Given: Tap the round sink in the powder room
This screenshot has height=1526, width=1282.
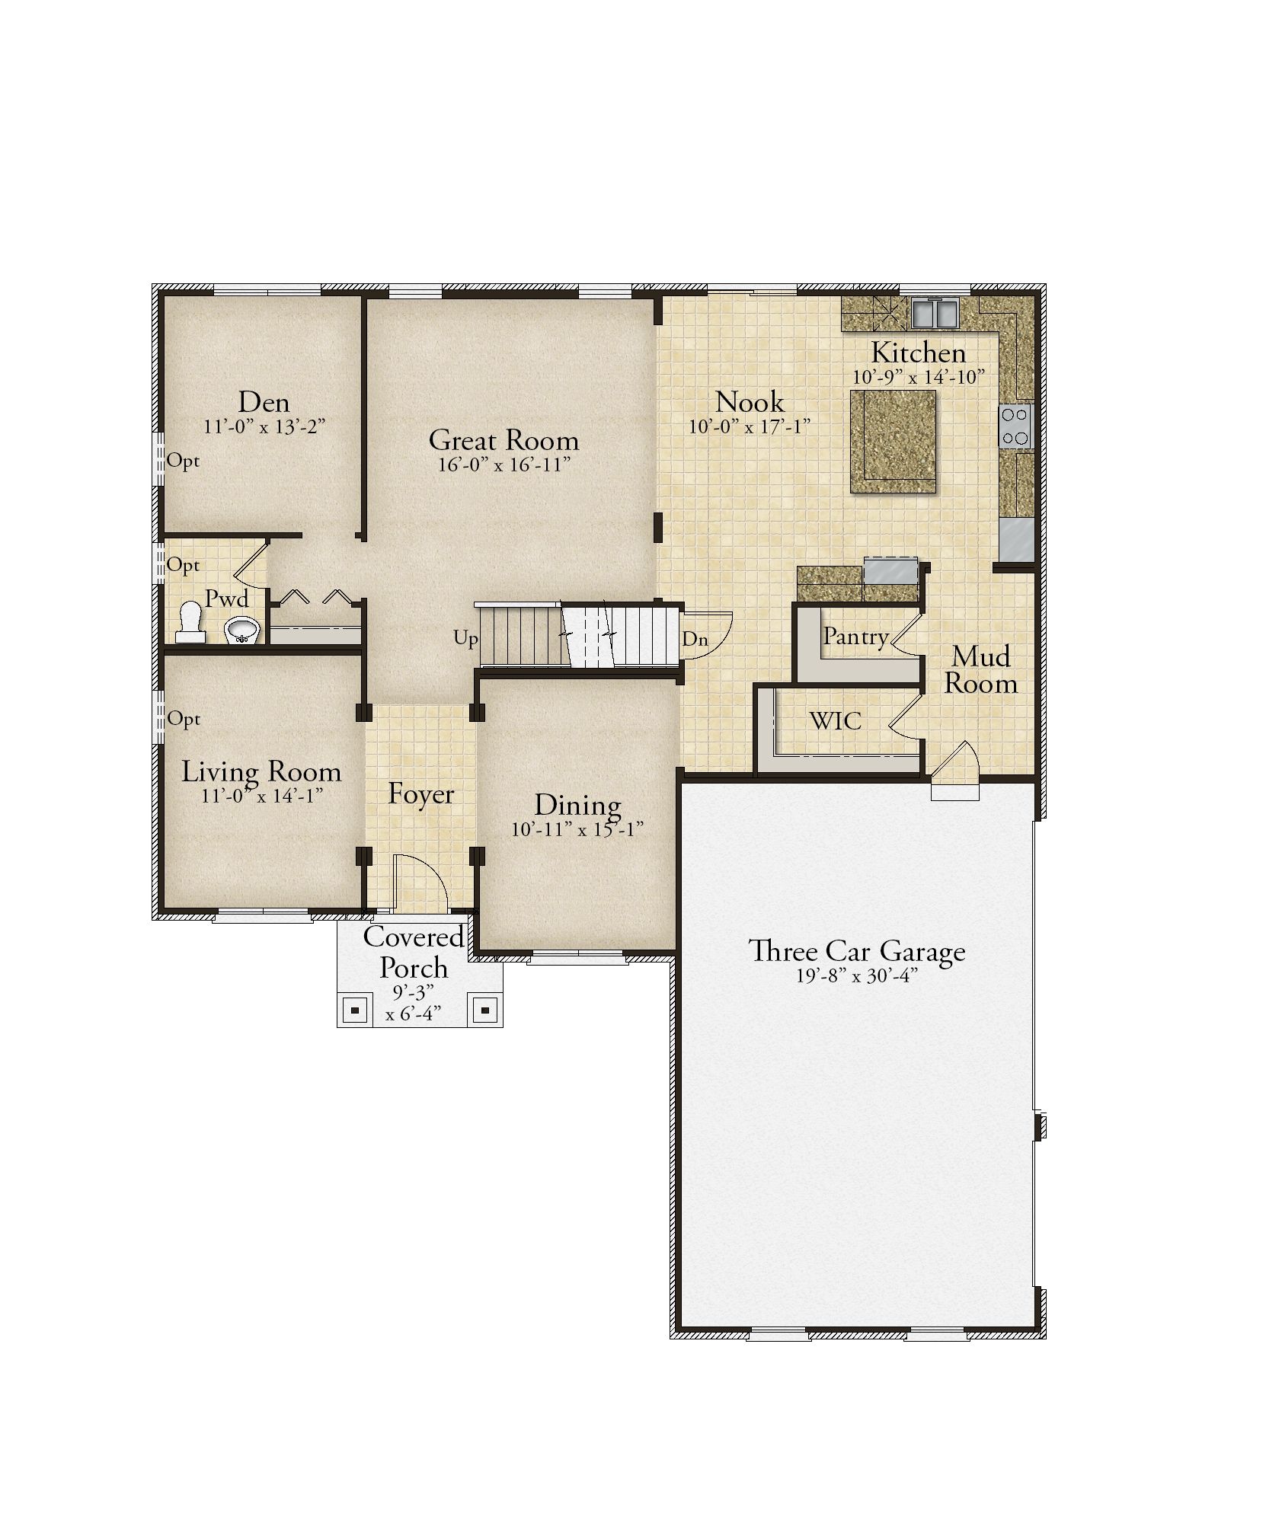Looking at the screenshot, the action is click(242, 630).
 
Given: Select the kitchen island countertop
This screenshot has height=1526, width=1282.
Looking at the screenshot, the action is click(893, 441).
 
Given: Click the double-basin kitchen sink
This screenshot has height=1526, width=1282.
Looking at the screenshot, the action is click(934, 312).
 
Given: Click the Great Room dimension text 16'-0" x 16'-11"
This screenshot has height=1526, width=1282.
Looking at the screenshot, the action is click(504, 465).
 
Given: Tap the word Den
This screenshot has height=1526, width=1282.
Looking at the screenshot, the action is click(264, 402).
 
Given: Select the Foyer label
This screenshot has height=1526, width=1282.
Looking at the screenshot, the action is click(420, 794).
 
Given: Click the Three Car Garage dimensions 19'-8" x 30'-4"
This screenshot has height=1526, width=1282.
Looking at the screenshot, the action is click(856, 975).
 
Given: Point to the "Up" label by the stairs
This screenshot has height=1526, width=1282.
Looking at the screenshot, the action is click(465, 638).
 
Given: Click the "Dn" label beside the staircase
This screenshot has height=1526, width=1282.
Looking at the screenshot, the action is click(695, 640).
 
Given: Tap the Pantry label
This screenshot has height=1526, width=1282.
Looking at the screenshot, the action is click(855, 637).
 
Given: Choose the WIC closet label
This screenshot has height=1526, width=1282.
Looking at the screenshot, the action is click(836, 720).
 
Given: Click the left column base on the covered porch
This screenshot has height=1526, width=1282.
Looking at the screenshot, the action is click(355, 1011).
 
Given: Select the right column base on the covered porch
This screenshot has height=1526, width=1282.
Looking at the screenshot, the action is click(485, 1010).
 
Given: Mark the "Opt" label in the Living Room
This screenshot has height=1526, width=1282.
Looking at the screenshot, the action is click(184, 720).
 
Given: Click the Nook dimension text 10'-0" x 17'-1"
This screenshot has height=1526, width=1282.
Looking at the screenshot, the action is click(749, 426).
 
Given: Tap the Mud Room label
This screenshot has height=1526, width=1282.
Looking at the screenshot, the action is click(981, 670).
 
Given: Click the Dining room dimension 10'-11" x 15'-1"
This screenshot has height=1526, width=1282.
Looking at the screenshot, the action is click(578, 829).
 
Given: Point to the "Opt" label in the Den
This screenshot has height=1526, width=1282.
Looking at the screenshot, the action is click(183, 461).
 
